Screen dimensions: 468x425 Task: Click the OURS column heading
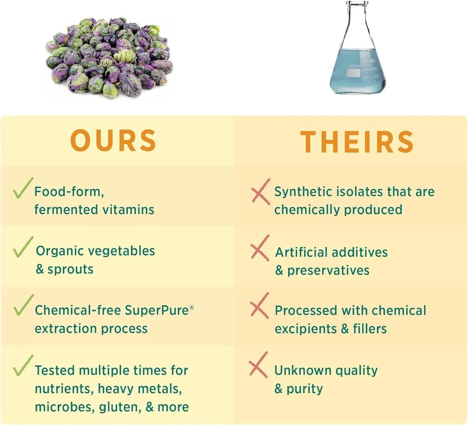[x=113, y=140]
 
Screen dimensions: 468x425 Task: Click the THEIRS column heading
[x=357, y=142]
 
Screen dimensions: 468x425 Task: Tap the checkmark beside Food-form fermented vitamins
[x=22, y=188]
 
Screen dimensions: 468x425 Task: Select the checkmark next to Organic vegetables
[x=22, y=247]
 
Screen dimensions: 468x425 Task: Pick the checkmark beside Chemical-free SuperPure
[x=23, y=305]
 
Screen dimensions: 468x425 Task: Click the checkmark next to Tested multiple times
[x=22, y=366]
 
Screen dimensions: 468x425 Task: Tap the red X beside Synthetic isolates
[x=261, y=191]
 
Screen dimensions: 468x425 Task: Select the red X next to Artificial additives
[x=260, y=248]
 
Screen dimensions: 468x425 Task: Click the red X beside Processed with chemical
[x=259, y=306]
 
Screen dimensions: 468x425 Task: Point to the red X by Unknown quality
[x=258, y=365]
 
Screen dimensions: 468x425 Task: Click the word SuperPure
[x=157, y=310]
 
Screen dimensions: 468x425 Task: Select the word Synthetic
[x=303, y=192]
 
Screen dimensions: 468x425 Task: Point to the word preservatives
[x=329, y=271]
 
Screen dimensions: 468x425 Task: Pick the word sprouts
[x=71, y=270]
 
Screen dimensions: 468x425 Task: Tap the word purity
[x=305, y=389]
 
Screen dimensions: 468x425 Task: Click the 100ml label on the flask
[x=354, y=66]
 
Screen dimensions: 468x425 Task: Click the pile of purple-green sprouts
[x=110, y=58]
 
